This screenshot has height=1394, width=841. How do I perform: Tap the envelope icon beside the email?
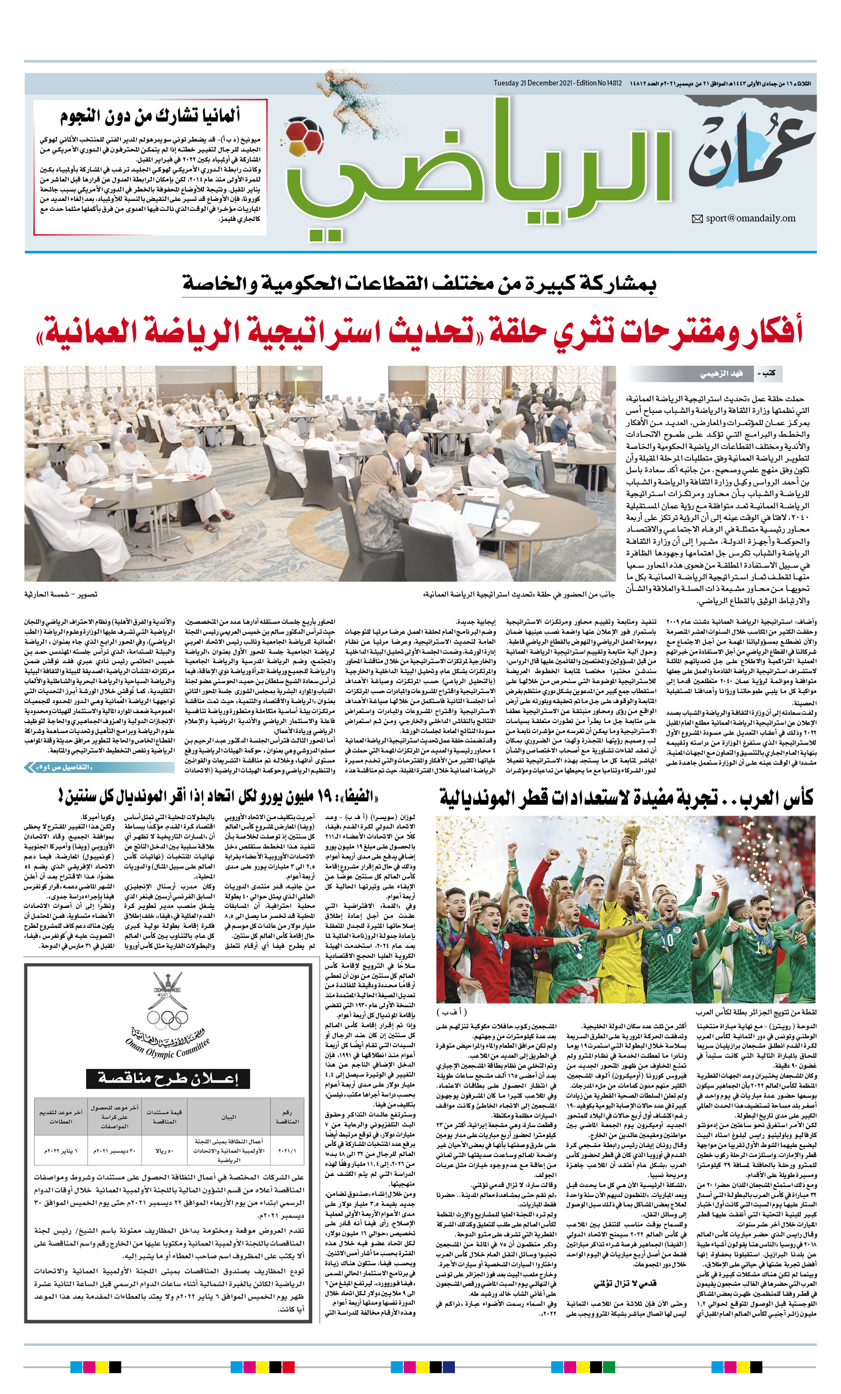(697, 219)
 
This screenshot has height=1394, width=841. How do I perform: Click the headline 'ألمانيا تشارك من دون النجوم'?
(150, 116)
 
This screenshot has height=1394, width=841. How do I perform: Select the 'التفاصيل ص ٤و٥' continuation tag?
(65, 767)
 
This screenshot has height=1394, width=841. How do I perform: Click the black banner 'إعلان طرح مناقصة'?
(168, 1078)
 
